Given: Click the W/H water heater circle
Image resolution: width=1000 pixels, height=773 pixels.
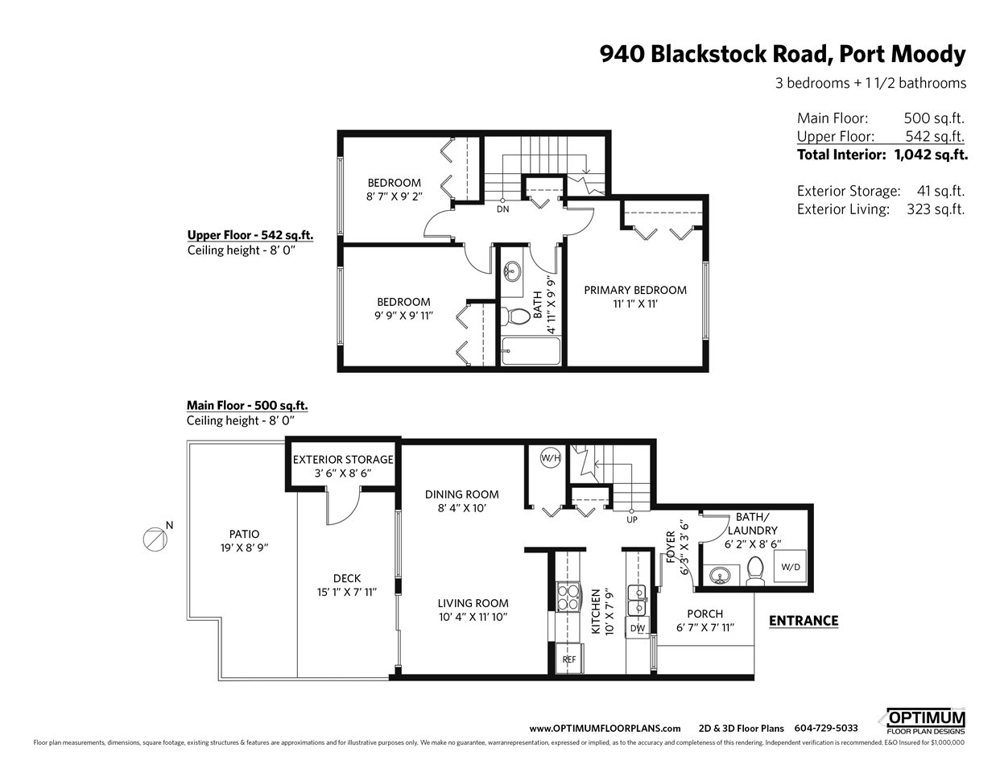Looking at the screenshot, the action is pyautogui.click(x=551, y=458).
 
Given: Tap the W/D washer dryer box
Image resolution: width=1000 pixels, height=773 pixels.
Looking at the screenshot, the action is pyautogui.click(x=790, y=566).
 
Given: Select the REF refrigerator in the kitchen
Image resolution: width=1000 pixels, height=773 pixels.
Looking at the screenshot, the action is pyautogui.click(x=569, y=659).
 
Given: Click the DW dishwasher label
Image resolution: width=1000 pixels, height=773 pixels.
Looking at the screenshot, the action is pyautogui.click(x=638, y=628).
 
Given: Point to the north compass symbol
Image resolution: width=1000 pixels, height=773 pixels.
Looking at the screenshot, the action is pyautogui.click(x=155, y=539).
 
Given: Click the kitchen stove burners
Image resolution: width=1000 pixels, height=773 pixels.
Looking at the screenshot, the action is pyautogui.click(x=568, y=597).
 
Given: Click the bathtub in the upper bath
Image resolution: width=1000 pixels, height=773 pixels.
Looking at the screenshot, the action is pyautogui.click(x=531, y=351).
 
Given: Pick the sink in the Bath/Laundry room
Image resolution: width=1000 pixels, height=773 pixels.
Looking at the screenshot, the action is pyautogui.click(x=719, y=575).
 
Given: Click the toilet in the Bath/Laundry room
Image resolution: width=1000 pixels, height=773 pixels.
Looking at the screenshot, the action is pyautogui.click(x=754, y=571).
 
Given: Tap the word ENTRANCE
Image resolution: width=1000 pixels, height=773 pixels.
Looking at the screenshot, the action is pyautogui.click(x=804, y=620).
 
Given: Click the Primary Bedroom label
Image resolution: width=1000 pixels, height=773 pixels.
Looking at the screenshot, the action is pyautogui.click(x=635, y=290).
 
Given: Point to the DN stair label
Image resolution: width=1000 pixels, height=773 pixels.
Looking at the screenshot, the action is pyautogui.click(x=502, y=209).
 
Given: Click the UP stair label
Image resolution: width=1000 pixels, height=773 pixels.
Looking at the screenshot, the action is pyautogui.click(x=632, y=519).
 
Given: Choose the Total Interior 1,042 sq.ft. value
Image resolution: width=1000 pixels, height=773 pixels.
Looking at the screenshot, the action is pyautogui.click(x=931, y=155).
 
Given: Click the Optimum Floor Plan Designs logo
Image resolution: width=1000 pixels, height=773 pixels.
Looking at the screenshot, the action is pyautogui.click(x=925, y=722).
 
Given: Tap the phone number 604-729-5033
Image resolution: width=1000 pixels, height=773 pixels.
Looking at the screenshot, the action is pyautogui.click(x=826, y=728).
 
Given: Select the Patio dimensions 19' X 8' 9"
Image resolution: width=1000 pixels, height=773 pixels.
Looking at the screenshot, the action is pyautogui.click(x=244, y=548).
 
